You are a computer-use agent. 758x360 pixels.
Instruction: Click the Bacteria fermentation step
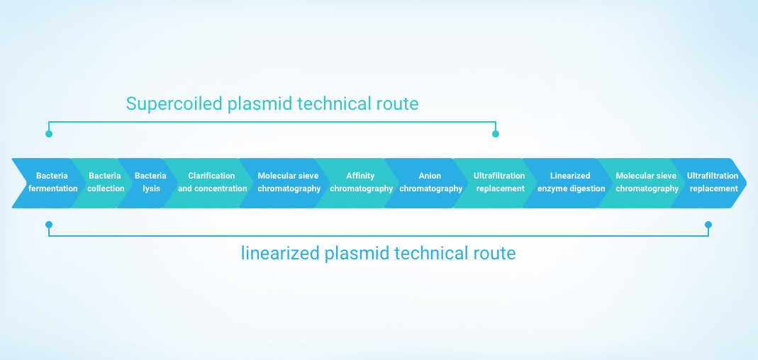click(x=48, y=183)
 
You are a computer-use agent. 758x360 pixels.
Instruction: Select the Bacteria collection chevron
click(x=104, y=183)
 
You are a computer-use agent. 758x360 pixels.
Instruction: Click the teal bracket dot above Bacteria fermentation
click(x=49, y=134)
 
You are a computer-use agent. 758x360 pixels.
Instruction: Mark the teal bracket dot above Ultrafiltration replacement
click(x=495, y=134)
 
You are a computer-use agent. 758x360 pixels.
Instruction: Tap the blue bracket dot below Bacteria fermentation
click(x=49, y=225)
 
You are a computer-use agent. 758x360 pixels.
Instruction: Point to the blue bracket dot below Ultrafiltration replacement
click(x=708, y=225)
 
